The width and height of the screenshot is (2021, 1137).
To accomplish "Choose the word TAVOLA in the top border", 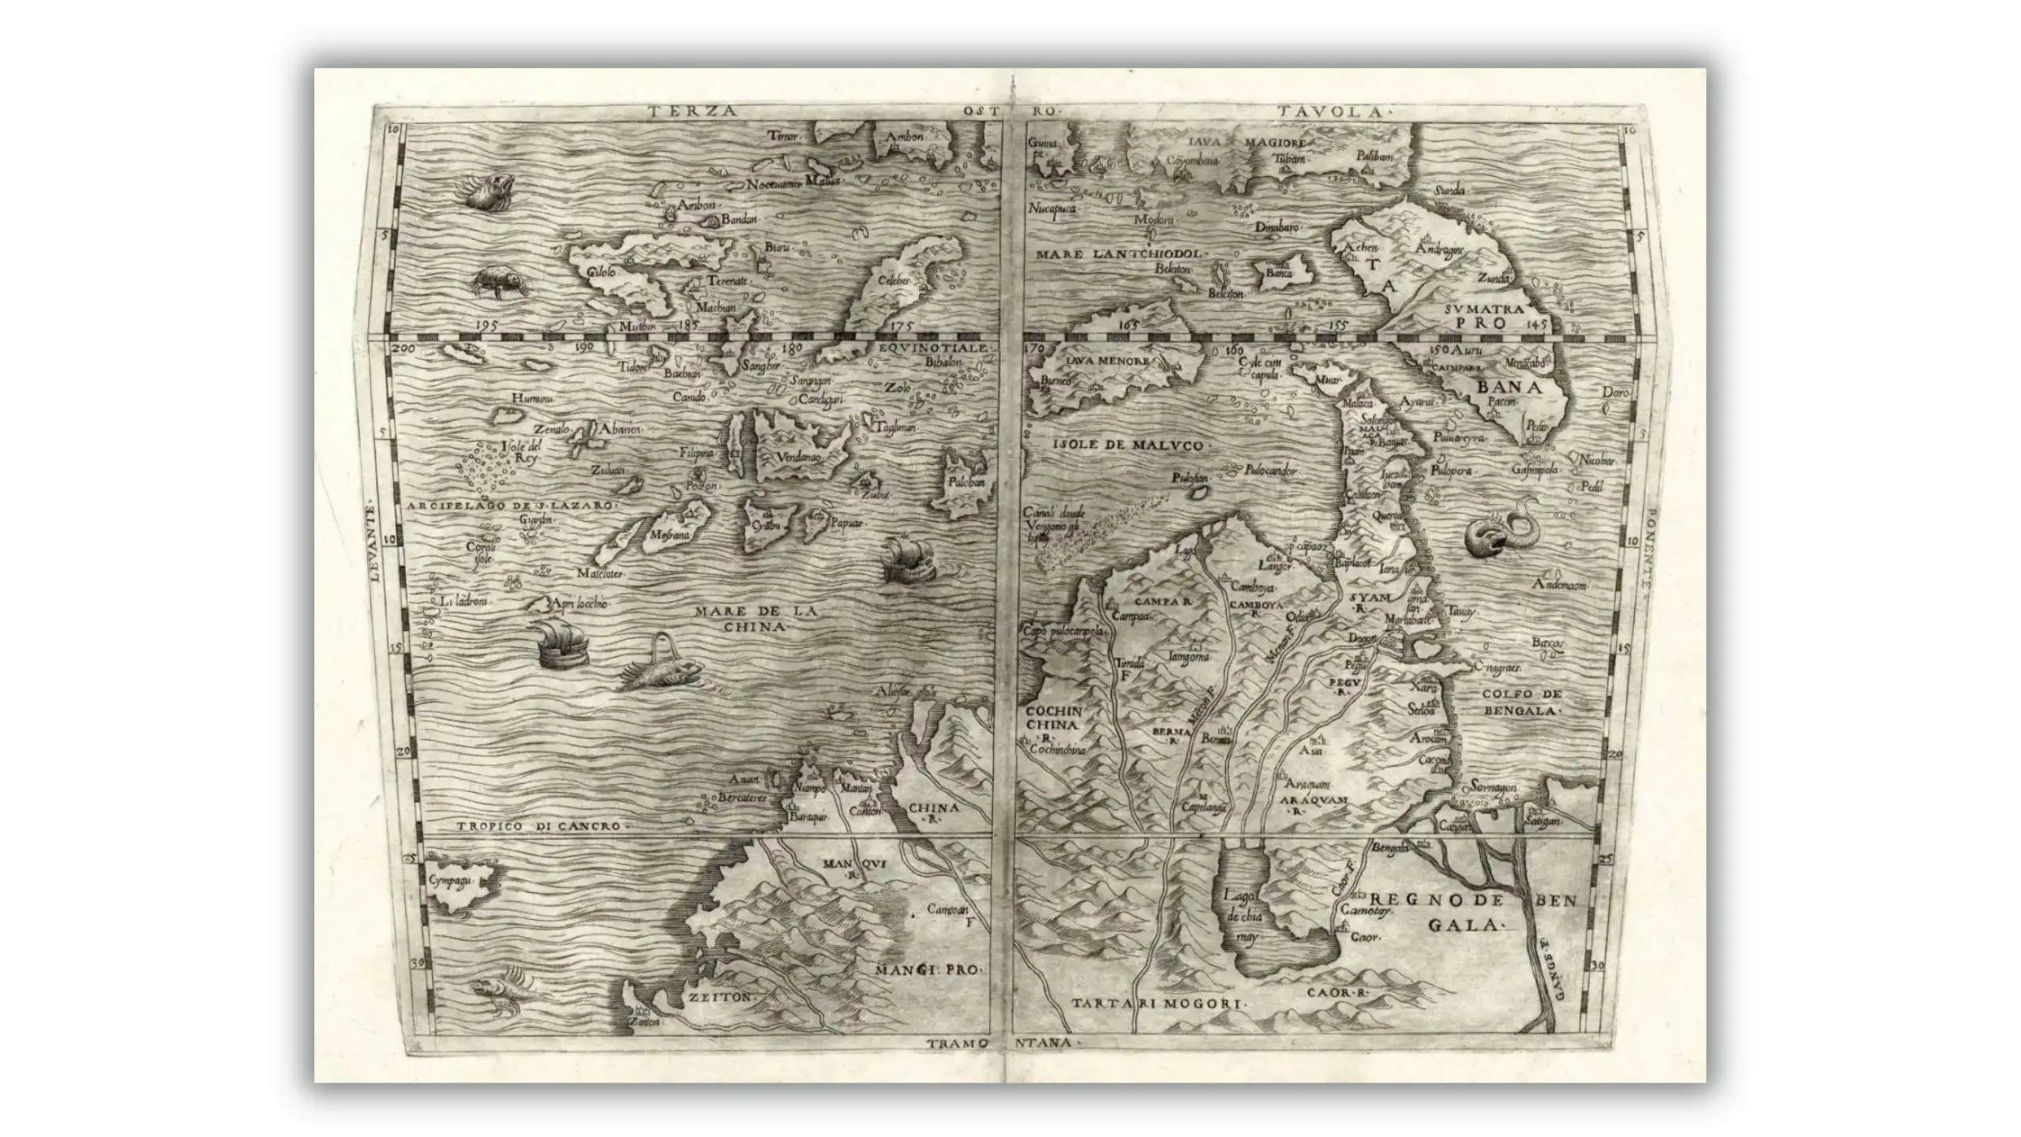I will coord(1334,111).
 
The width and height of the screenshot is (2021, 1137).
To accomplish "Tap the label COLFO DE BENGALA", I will coord(1522,702).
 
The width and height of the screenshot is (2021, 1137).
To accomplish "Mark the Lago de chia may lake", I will coord(1249,916).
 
